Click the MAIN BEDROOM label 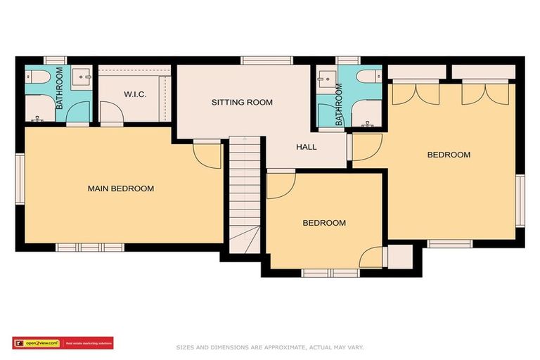coord(120,188)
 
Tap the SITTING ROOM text coord(242,103)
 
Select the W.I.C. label coord(135,94)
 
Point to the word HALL coord(306,147)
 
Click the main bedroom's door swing coord(206,153)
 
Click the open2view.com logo coord(36,343)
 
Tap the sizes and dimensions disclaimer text coord(269,347)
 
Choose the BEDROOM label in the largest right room coord(449,155)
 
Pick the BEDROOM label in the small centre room coord(324,223)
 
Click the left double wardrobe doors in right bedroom coord(416,94)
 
